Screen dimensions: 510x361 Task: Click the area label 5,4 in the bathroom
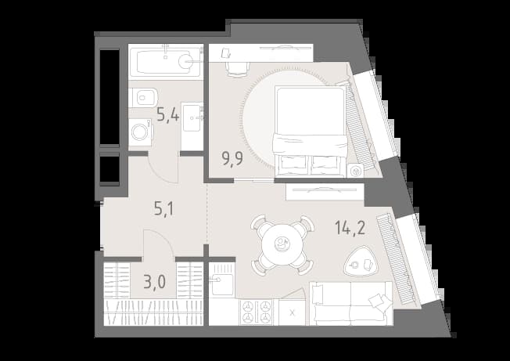point(168,114)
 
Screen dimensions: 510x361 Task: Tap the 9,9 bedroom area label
point(232,158)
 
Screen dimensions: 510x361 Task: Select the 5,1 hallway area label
point(163,208)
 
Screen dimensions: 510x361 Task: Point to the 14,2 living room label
point(350,227)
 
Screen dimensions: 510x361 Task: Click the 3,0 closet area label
point(155,282)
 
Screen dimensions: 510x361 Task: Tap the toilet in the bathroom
point(143,96)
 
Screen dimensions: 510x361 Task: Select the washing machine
point(141,132)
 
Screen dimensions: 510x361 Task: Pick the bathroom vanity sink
point(192,117)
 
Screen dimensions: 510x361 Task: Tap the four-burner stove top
point(257,312)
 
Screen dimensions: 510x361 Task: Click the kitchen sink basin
point(222,284)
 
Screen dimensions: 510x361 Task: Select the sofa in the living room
point(351,303)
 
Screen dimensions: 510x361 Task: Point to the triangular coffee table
point(361,264)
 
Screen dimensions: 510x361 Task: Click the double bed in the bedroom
point(310,131)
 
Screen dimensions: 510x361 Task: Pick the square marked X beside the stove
point(292,312)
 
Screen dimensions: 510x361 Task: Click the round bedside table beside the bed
point(355,170)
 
